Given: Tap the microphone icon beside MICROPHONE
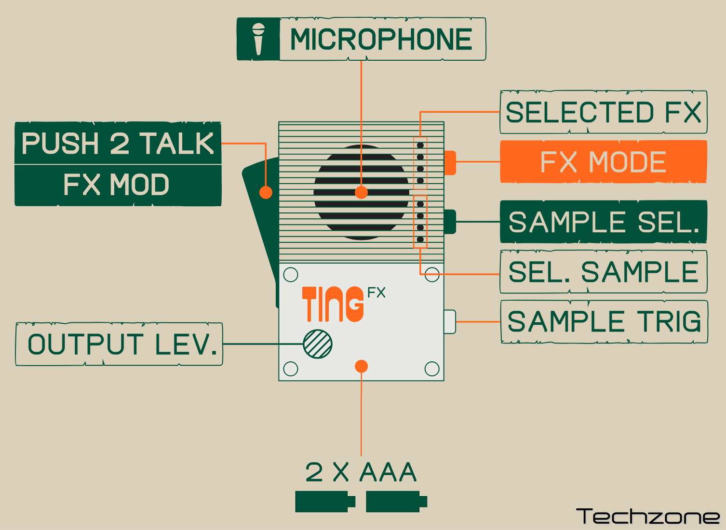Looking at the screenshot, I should pyautogui.click(x=258, y=39).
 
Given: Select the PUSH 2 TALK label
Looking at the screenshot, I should pyautogui.click(x=118, y=144).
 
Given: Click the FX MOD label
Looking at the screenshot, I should pyautogui.click(x=117, y=185).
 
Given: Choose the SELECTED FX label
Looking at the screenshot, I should pyautogui.click(x=603, y=112).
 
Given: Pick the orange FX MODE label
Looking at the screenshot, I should pyautogui.click(x=603, y=162).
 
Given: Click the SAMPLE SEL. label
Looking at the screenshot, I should pyautogui.click(x=603, y=222).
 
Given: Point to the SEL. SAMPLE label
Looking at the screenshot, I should pyautogui.click(x=603, y=272).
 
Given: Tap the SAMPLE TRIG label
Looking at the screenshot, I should pyautogui.click(x=604, y=322).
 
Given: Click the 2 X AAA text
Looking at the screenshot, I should pyautogui.click(x=361, y=472).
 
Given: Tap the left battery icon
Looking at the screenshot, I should pyautogui.click(x=324, y=502).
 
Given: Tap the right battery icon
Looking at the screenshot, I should pyautogui.click(x=396, y=502).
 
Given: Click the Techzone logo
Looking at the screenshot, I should pyautogui.click(x=648, y=517).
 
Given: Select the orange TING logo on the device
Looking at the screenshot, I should pyautogui.click(x=333, y=304).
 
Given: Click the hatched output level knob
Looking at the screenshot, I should pyautogui.click(x=318, y=344).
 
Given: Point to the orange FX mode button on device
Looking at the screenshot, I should pyautogui.click(x=450, y=162).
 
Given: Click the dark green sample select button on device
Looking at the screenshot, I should pyautogui.click(x=450, y=222).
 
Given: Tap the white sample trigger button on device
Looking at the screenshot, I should pyautogui.click(x=450, y=321).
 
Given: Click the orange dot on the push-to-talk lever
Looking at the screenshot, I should pyautogui.click(x=266, y=192).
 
